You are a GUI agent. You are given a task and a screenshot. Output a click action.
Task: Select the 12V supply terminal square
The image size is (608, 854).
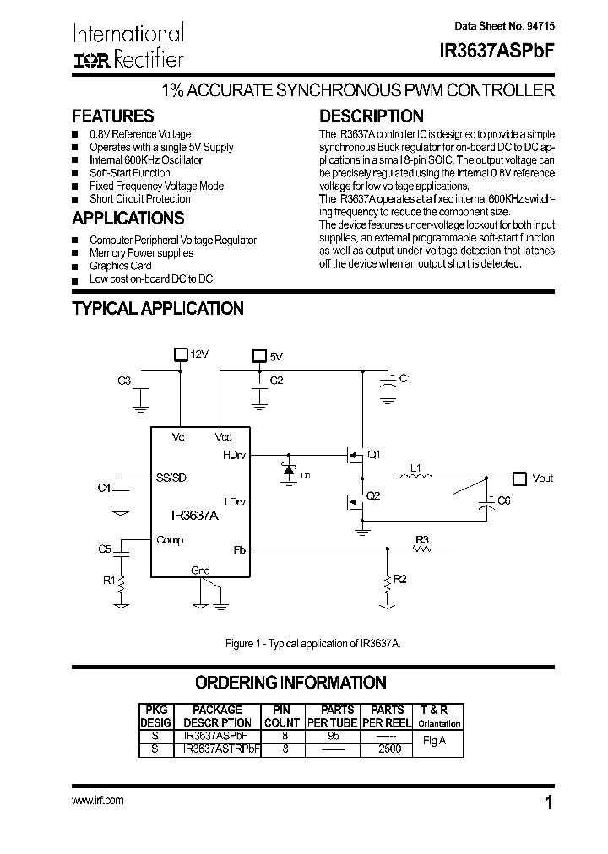coord(179,354)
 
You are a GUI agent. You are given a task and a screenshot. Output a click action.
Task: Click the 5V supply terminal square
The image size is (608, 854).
coord(260,356)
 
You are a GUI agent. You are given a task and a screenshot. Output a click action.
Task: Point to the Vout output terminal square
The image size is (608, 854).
coord(519,478)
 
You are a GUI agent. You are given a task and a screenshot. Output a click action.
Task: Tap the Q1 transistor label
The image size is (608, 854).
coord(373,455)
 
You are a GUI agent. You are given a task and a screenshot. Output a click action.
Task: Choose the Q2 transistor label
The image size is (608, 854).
coord(373,495)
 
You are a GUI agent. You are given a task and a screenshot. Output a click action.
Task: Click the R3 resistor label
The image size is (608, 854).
coord(423,538)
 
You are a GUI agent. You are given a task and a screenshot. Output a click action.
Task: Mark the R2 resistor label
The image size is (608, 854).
coord(401,580)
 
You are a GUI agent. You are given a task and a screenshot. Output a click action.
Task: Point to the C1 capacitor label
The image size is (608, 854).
coord(405,378)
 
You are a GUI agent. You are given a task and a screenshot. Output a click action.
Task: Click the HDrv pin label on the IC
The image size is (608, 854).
coord(235,455)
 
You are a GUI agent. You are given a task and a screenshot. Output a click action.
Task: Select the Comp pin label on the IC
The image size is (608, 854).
coord(170,540)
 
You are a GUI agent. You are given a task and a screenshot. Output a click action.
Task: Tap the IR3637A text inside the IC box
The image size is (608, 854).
coord(194,515)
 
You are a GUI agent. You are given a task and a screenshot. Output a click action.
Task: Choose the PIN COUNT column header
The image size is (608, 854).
coord(281,716)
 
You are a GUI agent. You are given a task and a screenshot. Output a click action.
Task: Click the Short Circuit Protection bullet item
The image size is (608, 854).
coord(139,199)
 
